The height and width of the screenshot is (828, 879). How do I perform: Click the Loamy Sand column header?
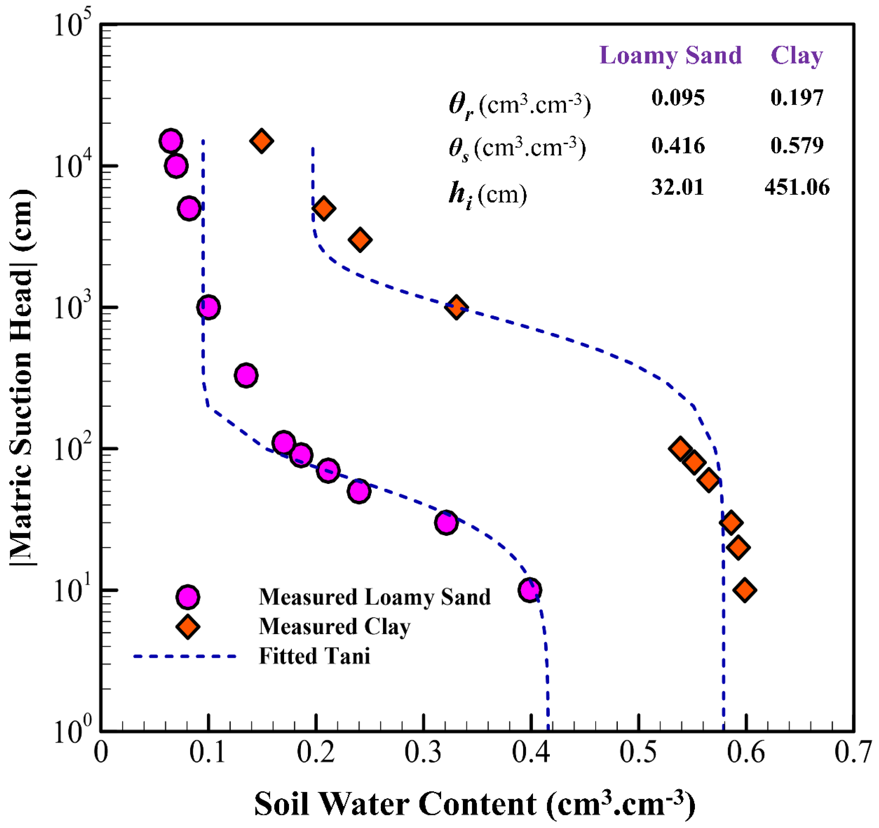(x=670, y=56)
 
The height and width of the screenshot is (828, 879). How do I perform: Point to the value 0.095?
(x=677, y=98)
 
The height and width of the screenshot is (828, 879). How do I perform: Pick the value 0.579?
(x=796, y=146)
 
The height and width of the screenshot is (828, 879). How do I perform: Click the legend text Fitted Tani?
(x=314, y=656)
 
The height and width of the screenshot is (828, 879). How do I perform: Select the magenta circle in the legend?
(x=187, y=597)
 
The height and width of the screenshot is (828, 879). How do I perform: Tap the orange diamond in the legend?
(x=187, y=627)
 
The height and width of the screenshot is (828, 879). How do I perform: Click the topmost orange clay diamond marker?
(x=261, y=141)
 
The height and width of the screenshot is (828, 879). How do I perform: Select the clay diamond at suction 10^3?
(x=456, y=307)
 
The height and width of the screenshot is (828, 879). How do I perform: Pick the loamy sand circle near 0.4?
(x=529, y=590)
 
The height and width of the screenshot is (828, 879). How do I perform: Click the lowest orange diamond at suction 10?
(x=745, y=590)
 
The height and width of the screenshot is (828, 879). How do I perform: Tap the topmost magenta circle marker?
(x=171, y=141)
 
